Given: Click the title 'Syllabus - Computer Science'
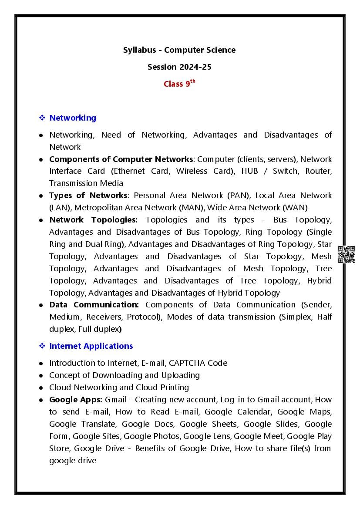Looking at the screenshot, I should (x=179, y=50).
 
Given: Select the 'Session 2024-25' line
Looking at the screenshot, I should (x=179, y=67).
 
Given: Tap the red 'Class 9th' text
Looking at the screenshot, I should (x=179, y=84).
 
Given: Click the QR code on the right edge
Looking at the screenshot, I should (x=347, y=254).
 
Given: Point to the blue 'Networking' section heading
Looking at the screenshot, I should (x=73, y=118).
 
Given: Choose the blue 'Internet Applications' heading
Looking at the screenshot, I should (x=91, y=346).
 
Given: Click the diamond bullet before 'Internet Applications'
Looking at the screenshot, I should (x=42, y=346).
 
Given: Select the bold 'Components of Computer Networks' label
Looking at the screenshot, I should (x=121, y=159).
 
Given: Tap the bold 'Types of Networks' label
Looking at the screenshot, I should (x=88, y=196).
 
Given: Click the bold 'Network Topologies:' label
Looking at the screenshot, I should (x=93, y=220).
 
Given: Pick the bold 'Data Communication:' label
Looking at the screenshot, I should (x=94, y=305).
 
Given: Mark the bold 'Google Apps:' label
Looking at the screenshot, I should (x=76, y=400).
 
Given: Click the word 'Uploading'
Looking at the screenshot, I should (x=179, y=375).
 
